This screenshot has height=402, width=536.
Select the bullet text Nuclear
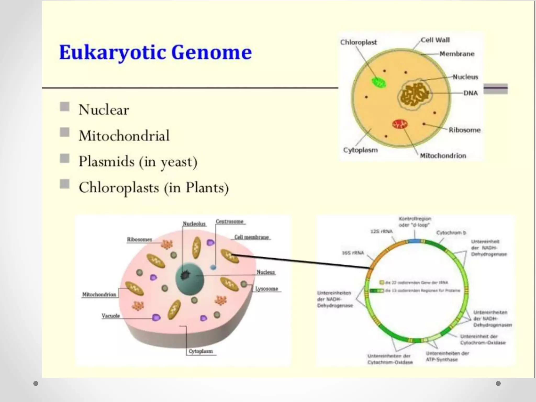pyautogui.click(x=104, y=110)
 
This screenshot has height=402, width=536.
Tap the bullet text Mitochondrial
pyautogui.click(x=124, y=136)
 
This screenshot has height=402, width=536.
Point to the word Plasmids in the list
pyautogui.click(x=107, y=161)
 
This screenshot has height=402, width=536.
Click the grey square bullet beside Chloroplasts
pyautogui.click(x=65, y=184)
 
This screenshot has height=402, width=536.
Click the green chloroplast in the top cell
pyautogui.click(x=379, y=82)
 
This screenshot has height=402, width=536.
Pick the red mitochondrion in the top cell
pyautogui.click(x=400, y=124)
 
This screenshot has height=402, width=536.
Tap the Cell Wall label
pyautogui.click(x=435, y=40)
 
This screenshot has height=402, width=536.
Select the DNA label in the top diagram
pyautogui.click(x=470, y=93)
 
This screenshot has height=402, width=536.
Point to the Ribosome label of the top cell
pyautogui.click(x=465, y=130)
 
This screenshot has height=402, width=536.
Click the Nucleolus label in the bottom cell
pyautogui.click(x=194, y=224)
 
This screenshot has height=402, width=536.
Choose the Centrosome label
pyautogui.click(x=230, y=221)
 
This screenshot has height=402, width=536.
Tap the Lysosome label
pyautogui.click(x=266, y=289)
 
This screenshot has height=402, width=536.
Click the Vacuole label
pyautogui.click(x=111, y=316)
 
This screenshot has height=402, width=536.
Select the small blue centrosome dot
pyautogui.click(x=213, y=267)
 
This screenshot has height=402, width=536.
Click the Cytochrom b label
pyautogui.click(x=451, y=233)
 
